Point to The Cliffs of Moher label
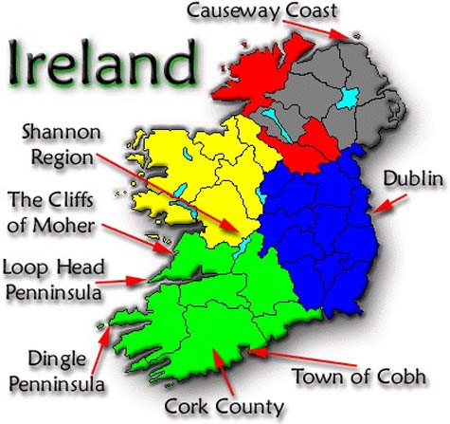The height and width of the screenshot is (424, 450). (x=52, y=212)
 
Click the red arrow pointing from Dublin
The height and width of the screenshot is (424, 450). (x=390, y=202)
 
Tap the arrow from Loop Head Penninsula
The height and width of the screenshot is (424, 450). (x=122, y=281)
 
